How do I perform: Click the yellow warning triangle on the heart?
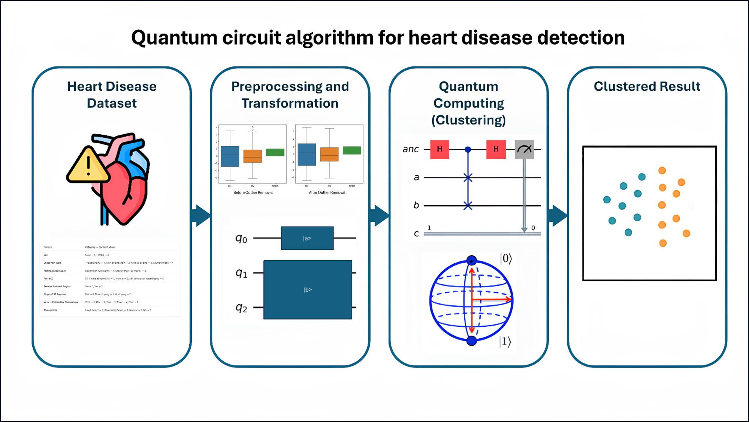(x=88, y=166)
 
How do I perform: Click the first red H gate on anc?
(x=440, y=149)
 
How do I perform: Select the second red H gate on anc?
(x=496, y=149)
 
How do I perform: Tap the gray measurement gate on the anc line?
(x=524, y=149)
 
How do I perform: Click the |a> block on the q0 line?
(x=307, y=238)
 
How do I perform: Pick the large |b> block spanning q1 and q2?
(x=308, y=290)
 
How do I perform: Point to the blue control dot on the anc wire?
(x=468, y=150)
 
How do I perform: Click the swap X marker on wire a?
(x=468, y=177)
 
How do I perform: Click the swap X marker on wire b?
(x=468, y=206)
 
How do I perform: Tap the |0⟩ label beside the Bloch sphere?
(x=506, y=259)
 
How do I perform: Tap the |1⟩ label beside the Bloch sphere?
(x=505, y=341)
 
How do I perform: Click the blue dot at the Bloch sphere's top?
(x=472, y=260)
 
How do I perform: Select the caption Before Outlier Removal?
(x=253, y=192)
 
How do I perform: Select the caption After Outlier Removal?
(x=327, y=192)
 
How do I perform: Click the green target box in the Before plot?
(x=275, y=152)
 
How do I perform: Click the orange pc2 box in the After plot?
(x=329, y=154)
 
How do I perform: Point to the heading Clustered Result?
(x=647, y=87)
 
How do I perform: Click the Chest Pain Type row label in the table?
(x=52, y=263)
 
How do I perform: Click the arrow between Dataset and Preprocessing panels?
(x=201, y=215)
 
